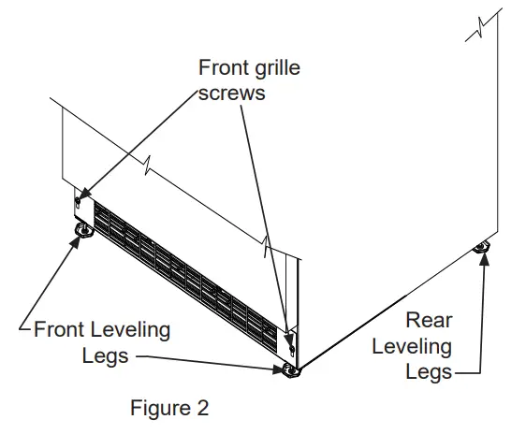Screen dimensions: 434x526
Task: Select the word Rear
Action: (429, 321)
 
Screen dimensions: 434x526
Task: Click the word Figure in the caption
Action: (155, 409)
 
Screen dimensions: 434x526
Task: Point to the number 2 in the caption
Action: (203, 409)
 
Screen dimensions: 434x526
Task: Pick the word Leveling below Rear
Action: (412, 346)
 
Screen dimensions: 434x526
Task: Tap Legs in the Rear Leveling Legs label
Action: (429, 371)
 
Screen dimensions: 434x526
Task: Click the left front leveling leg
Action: (81, 229)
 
